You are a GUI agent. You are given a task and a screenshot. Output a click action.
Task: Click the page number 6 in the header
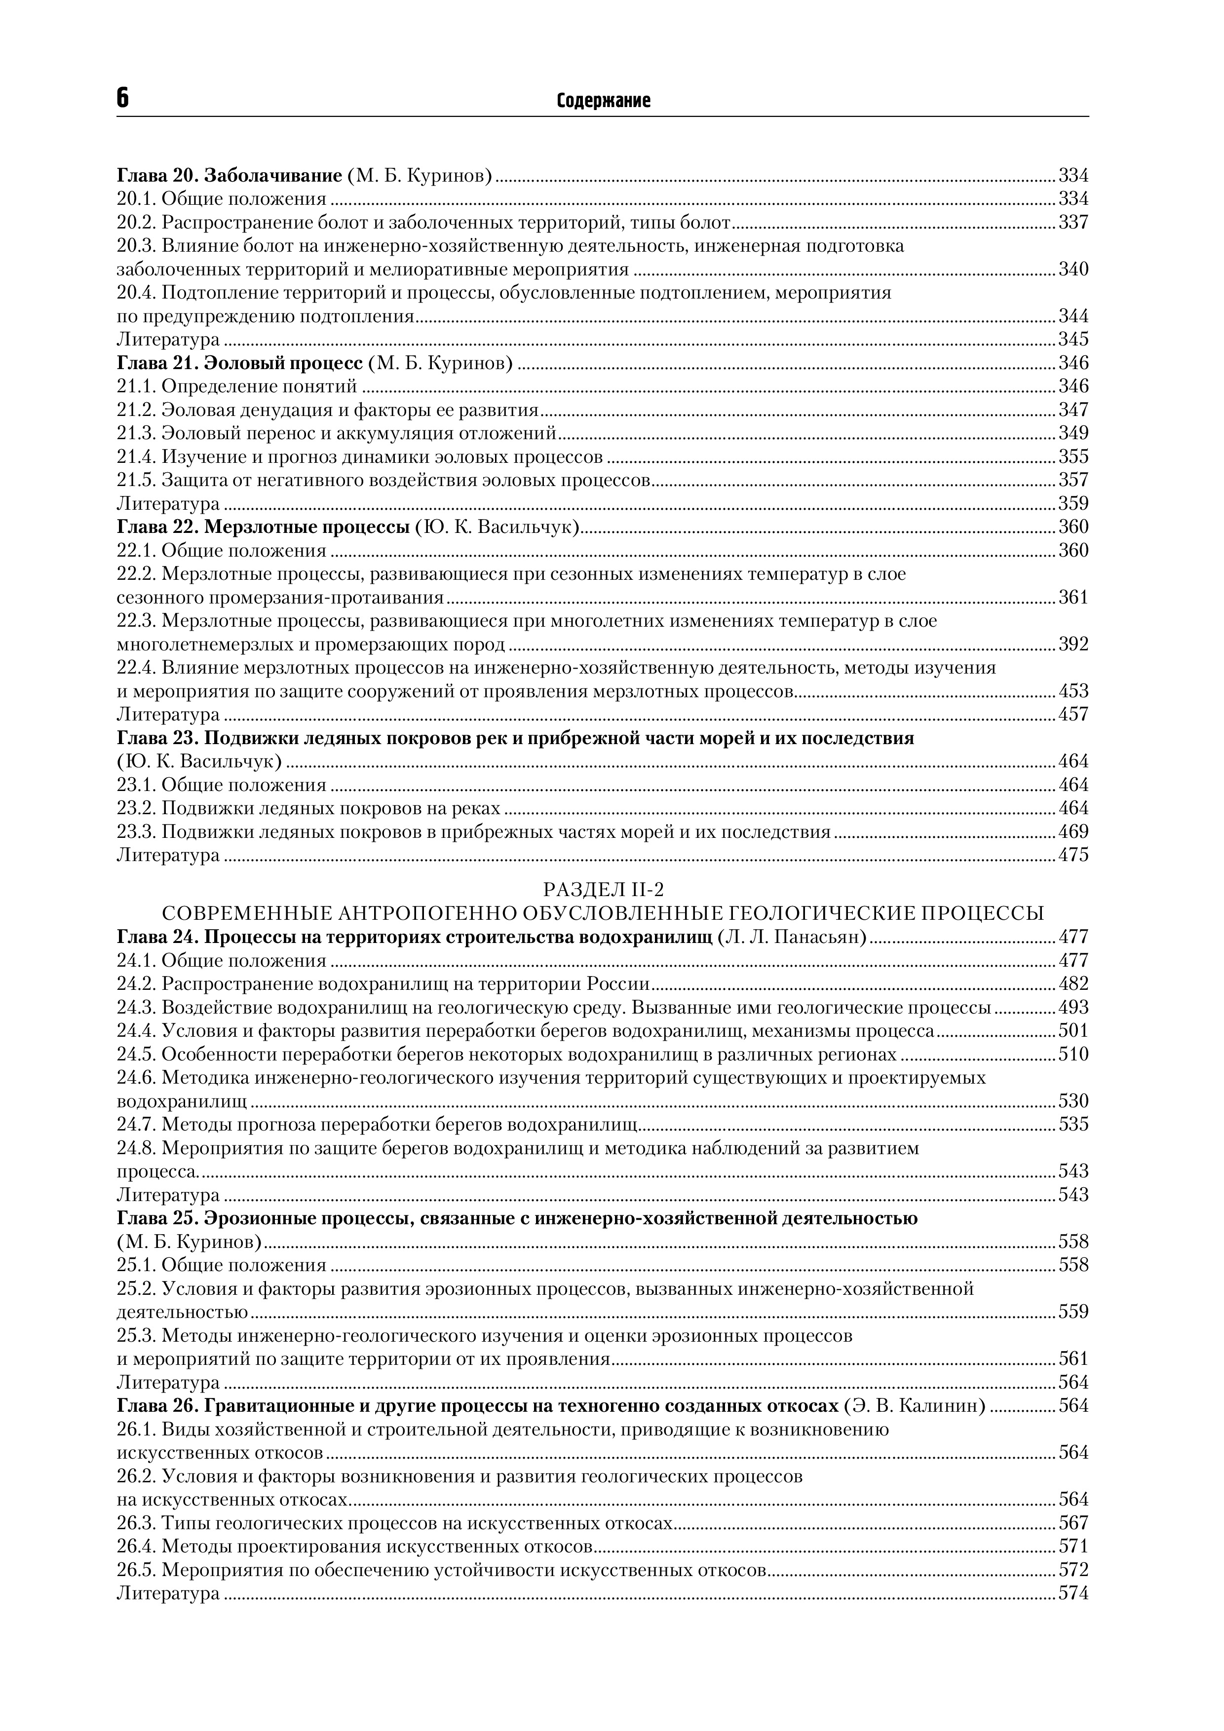[x=123, y=98]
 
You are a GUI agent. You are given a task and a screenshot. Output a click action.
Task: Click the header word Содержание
[x=603, y=100]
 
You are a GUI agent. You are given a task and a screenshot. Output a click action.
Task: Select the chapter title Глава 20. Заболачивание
[x=229, y=176]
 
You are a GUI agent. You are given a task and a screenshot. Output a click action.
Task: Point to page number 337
[x=1073, y=223]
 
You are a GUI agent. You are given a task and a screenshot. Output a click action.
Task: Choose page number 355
[x=1073, y=456]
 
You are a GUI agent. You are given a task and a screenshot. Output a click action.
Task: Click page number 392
[x=1073, y=644]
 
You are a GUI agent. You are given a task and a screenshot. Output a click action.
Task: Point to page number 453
[x=1073, y=691]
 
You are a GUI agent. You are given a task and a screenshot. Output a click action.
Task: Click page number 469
[x=1073, y=831]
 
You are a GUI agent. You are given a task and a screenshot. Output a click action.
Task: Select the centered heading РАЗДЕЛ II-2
[x=603, y=890]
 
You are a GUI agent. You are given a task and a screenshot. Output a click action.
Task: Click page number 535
[x=1073, y=1124]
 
